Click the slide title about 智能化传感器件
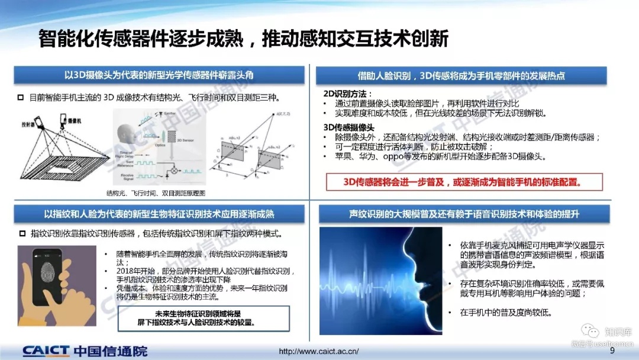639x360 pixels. pos(243,38)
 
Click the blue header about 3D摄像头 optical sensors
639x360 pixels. pos(159,75)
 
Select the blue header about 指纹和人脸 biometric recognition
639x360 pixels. pos(159,214)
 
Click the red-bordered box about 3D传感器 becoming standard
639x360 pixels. pos(464,182)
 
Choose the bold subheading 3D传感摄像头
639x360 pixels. pos(348,127)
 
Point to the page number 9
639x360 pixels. pos(612,351)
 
